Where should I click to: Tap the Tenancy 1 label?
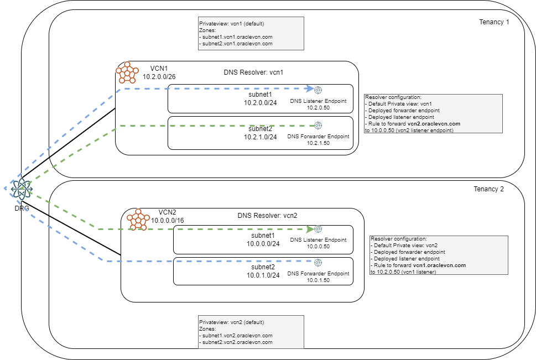[x=493, y=22]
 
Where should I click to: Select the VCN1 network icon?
[x=127, y=73]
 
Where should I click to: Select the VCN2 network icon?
[x=138, y=220]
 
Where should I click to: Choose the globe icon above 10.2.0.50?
[x=318, y=90]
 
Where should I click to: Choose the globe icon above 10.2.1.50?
[x=318, y=126]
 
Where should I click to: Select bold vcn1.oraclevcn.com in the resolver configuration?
[x=440, y=265]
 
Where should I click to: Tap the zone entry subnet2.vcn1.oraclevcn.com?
[x=237, y=43]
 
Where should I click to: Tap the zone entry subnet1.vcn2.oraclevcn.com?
[x=237, y=336]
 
